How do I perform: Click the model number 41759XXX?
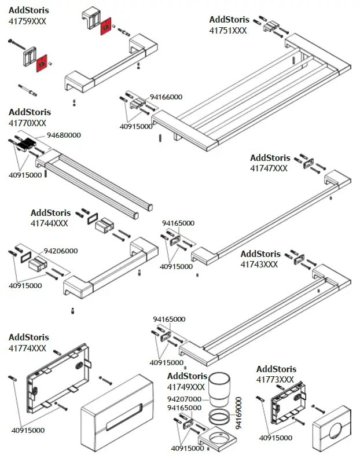[27, 21]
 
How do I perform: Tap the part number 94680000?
[64, 135]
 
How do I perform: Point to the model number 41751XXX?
[228, 31]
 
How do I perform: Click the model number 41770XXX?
[27, 123]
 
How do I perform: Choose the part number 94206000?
[61, 251]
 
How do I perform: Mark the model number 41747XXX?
[269, 168]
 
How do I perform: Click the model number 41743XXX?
[259, 265]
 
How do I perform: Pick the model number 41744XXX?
[49, 223]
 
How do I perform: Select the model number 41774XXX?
[27, 348]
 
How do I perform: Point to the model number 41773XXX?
[275, 380]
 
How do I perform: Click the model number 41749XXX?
[186, 387]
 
